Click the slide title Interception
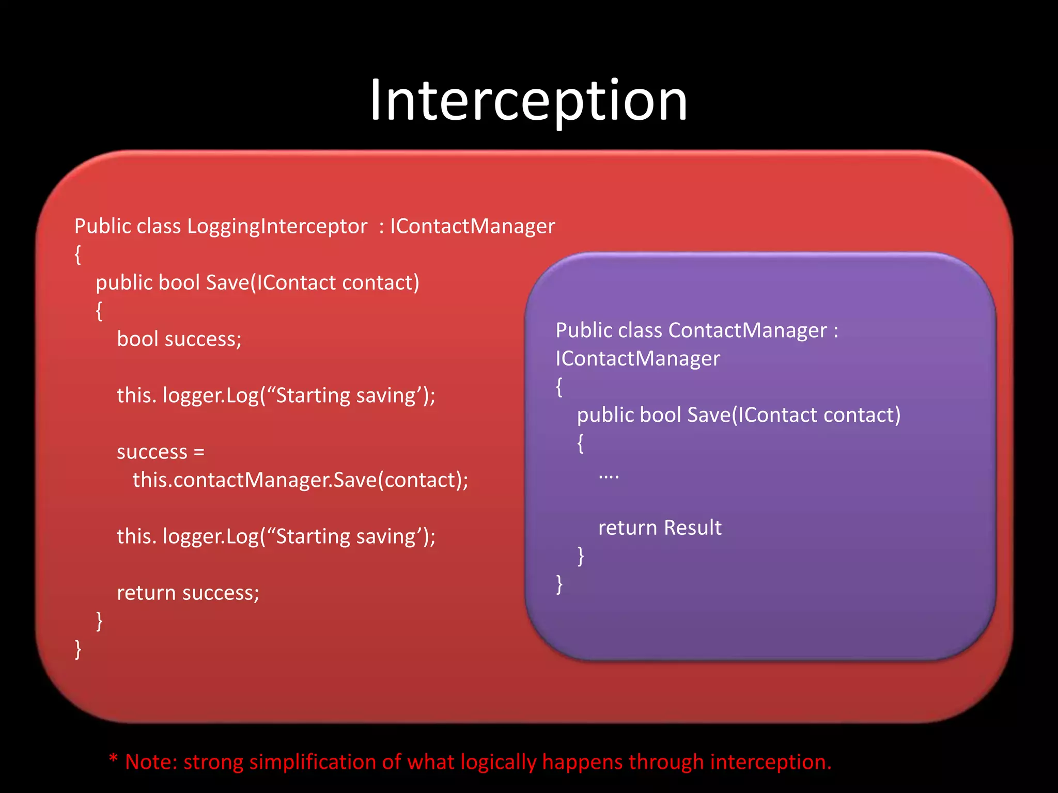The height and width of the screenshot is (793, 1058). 528,101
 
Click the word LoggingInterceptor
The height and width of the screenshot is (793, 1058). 277,226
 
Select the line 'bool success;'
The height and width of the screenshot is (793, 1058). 179,339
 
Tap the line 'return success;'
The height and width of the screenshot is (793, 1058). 188,593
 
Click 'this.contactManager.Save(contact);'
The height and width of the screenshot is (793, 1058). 300,480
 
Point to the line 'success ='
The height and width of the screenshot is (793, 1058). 161,452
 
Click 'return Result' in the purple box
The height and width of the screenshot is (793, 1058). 660,528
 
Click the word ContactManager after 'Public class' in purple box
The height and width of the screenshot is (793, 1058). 748,330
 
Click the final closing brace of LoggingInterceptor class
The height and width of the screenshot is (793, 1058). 78,649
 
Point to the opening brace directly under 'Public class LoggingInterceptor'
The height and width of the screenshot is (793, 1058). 78,255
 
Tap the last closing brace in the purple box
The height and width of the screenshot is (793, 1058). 559,584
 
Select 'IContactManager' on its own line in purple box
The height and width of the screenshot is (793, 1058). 637,359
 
